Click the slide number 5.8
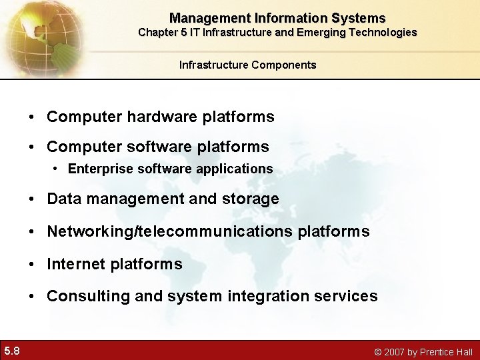pos(11,351)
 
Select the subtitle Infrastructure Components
pos(247,65)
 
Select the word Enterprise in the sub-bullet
pos(101,169)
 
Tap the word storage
pos(251,199)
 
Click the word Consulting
pos(88,296)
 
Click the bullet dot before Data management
pos(33,199)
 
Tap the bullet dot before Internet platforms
pos(33,265)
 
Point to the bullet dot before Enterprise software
pos(56,169)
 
